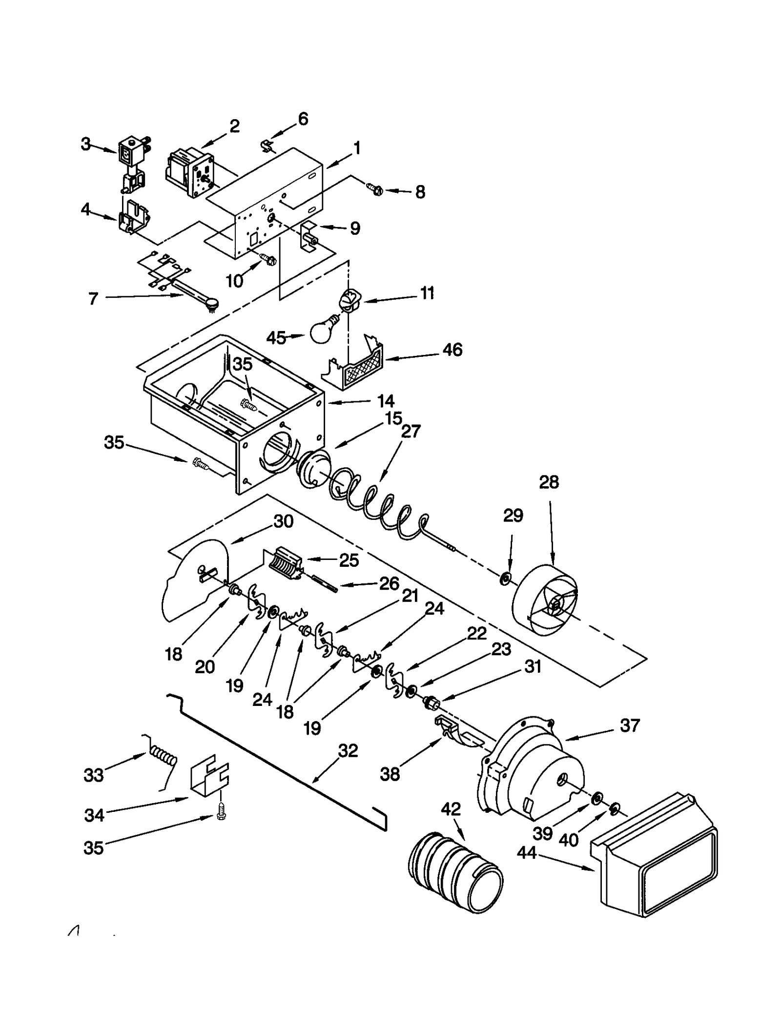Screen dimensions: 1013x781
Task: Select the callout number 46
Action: (x=452, y=350)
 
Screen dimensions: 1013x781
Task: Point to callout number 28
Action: (x=549, y=482)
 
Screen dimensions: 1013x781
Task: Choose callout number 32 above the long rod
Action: (x=348, y=750)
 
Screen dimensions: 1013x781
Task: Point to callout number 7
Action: (x=93, y=298)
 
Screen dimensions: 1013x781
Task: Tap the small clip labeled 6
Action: (x=267, y=145)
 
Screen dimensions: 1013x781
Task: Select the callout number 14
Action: (x=386, y=401)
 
